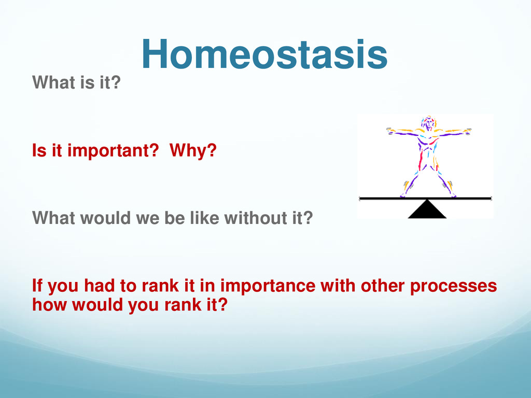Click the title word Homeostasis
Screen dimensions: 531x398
click(x=264, y=54)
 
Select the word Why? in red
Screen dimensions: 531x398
click(x=193, y=151)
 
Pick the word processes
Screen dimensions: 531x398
click(x=453, y=286)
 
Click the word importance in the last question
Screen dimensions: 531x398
click(x=268, y=286)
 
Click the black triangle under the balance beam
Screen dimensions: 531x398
click(x=427, y=209)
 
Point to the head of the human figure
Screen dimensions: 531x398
click(x=428, y=123)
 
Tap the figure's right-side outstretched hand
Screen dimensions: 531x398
click(x=467, y=131)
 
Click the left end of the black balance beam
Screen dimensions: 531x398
click(x=360, y=198)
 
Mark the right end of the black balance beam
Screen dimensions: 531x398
click(x=491, y=198)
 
